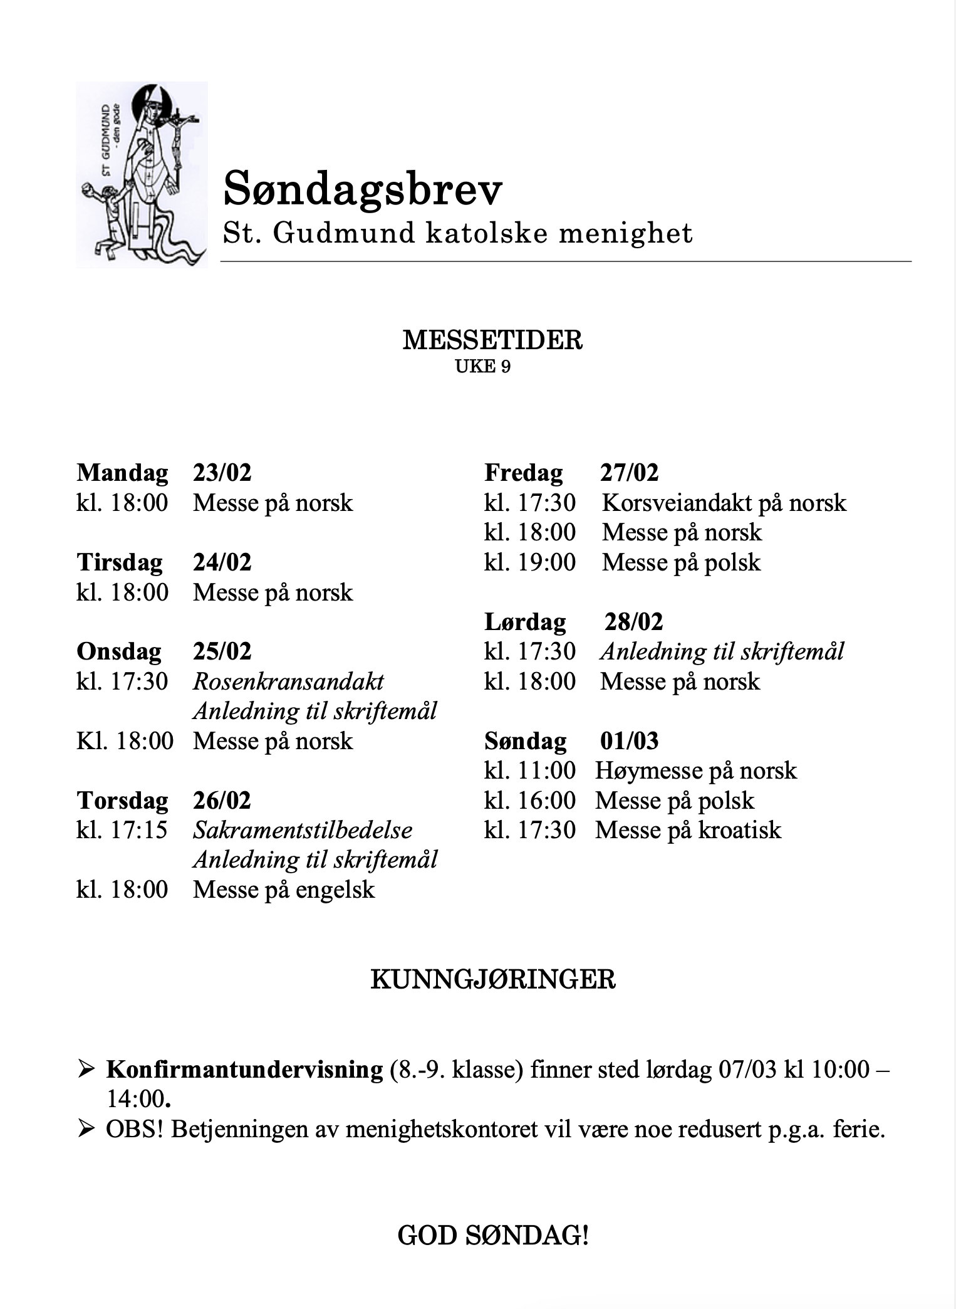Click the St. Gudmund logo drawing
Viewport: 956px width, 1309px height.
142,175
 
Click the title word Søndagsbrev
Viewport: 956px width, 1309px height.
363,188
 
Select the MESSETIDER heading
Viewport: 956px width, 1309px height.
492,340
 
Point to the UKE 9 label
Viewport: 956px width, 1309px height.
482,367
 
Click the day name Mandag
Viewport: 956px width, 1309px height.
122,473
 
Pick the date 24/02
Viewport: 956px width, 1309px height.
222,562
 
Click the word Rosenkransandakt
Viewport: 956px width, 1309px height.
288,681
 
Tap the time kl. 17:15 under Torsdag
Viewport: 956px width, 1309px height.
122,830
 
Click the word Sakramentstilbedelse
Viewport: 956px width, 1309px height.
303,830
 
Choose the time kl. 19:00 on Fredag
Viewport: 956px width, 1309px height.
529,562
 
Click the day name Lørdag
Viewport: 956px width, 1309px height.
525,622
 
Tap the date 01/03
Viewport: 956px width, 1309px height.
629,741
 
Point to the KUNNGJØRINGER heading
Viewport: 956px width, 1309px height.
493,979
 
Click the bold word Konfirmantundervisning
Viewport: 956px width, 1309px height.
244,1070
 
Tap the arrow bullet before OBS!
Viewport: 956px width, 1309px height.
86,1129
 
